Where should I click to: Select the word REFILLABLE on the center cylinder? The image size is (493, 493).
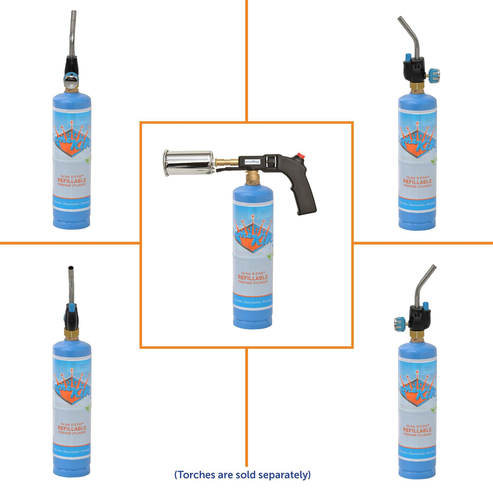tap(253, 277)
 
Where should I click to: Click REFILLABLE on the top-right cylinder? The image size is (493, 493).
tap(417, 181)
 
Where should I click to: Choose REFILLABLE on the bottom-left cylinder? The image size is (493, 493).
tap(72, 428)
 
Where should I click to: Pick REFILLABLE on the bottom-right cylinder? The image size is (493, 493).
tap(417, 430)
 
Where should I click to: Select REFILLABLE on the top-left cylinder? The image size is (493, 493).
tap(72, 180)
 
